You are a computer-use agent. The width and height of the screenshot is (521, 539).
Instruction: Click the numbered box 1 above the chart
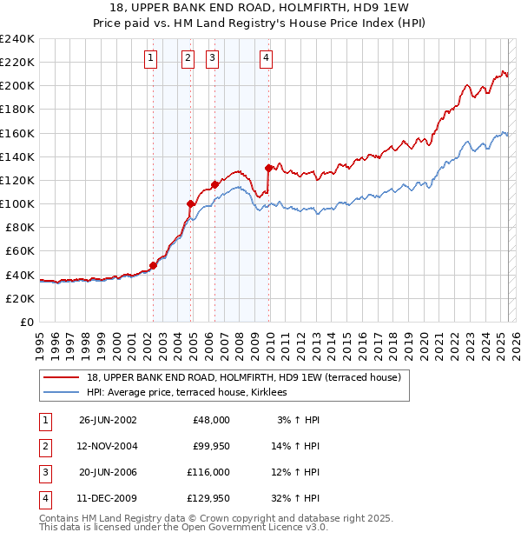[151, 58]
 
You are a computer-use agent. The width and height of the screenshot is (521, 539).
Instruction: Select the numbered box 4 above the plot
[266, 58]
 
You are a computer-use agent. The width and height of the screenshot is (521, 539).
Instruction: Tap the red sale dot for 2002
[154, 265]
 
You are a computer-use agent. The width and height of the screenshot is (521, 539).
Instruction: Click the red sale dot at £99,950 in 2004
[190, 203]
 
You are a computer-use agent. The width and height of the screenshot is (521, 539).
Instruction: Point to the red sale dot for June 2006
[214, 184]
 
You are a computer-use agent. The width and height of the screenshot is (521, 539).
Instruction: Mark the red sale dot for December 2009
[268, 168]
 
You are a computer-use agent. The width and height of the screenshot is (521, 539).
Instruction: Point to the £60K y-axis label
[19, 251]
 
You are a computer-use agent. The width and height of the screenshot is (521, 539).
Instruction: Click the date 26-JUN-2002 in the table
[108, 419]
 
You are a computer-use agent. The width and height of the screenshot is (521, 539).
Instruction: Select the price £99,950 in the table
[210, 446]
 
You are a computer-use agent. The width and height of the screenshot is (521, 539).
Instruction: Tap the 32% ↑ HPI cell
[297, 499]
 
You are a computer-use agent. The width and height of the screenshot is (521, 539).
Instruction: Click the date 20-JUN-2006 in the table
[108, 472]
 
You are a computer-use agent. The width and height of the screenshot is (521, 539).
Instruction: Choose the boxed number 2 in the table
[45, 446]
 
